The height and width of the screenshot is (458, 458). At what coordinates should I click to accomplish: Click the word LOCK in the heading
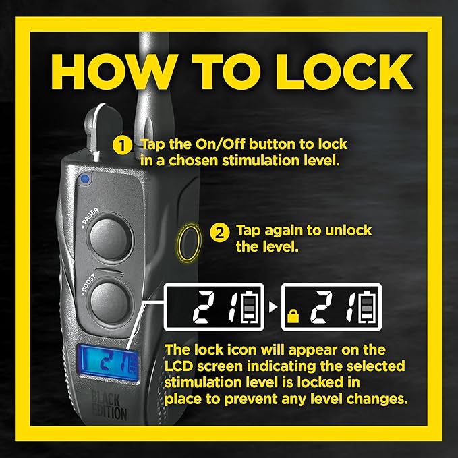pos(345,71)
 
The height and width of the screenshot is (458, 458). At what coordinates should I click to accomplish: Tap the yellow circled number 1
pos(122,145)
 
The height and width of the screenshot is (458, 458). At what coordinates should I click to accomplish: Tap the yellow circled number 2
pos(220,233)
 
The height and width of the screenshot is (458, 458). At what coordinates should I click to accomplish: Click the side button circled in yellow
pos(189,242)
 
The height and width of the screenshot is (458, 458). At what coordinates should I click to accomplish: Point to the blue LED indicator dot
pos(85,179)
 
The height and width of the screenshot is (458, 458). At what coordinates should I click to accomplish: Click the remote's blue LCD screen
pos(108,363)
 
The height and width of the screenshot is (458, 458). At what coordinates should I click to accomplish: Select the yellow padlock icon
pos(293,316)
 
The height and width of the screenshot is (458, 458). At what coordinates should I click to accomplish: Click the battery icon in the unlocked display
pos(249,308)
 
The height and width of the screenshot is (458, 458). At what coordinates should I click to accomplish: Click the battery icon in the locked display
pos(367,308)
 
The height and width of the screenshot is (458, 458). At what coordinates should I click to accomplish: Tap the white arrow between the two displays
pos(273,307)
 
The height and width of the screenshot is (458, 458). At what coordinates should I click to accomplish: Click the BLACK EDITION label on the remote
pos(109,406)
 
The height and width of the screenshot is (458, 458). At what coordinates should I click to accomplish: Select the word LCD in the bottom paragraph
pos(179,366)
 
